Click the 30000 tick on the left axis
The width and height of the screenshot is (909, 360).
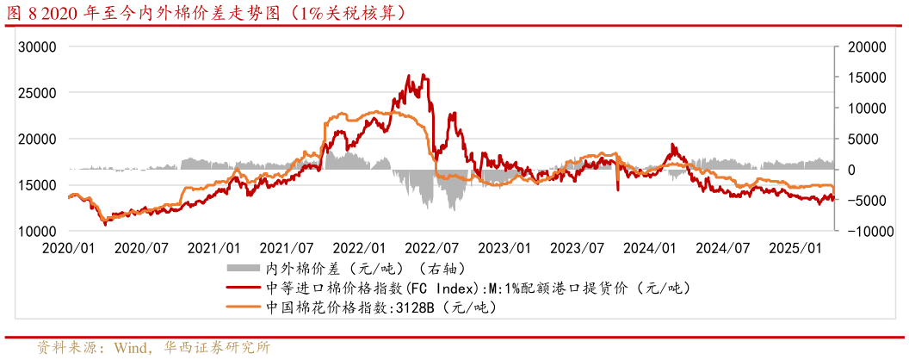pos(38,47)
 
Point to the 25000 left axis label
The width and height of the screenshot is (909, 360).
pos(38,92)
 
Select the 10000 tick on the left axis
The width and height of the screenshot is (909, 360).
pos(38,231)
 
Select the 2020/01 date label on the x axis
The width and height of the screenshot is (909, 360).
pos(68,248)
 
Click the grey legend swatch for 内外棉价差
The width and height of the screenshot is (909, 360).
pos(244,268)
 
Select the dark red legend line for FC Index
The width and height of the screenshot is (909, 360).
pos(244,288)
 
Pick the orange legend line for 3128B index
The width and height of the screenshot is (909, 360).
pos(244,307)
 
